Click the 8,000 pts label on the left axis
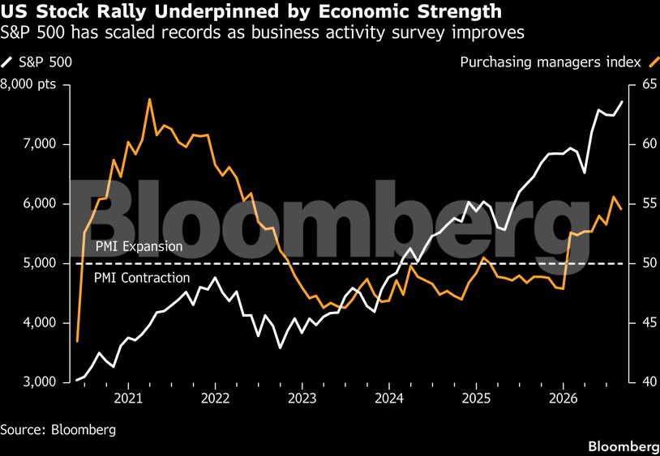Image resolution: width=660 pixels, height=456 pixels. pos(28,84)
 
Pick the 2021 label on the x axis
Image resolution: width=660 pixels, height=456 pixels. pos(128,398)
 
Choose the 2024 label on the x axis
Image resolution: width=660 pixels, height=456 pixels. pos(389,398)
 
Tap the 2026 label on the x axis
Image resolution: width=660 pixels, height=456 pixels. pos(564,398)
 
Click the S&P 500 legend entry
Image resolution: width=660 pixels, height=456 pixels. pos(36,62)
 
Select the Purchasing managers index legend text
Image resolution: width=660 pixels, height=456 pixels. pos(551,62)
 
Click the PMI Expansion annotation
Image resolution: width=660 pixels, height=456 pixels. pos(139,247)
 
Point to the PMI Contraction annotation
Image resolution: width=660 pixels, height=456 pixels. pos(142,278)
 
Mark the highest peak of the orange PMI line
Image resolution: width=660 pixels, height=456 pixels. pos(149,99)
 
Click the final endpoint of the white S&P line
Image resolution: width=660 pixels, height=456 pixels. pos(622,101)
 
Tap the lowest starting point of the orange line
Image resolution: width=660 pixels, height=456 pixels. pos(78,341)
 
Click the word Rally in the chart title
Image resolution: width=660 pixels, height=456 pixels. pos(116,11)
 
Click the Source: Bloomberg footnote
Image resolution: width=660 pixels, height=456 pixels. pos(58,430)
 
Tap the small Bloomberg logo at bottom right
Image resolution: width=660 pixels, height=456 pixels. pos(624,446)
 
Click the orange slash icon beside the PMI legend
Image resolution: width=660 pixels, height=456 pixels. pos(653,62)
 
